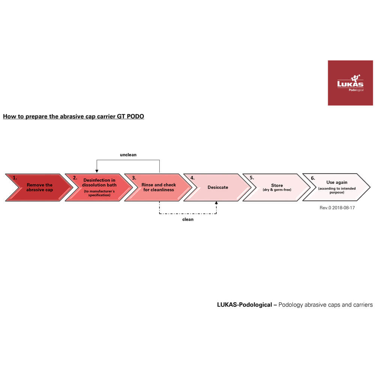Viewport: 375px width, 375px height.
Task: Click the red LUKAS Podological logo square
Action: (x=350, y=83)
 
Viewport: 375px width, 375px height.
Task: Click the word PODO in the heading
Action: (x=135, y=117)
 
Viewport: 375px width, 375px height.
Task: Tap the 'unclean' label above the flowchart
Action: (x=128, y=155)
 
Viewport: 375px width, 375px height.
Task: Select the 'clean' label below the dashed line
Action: (x=188, y=219)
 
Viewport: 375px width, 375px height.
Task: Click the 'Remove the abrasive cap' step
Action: (x=39, y=187)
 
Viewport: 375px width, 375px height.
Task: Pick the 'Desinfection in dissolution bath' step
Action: (x=99, y=187)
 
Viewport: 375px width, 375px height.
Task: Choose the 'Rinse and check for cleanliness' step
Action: (x=158, y=187)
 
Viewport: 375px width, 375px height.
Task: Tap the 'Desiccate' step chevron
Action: (x=217, y=187)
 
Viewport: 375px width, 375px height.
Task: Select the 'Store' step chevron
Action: (x=277, y=187)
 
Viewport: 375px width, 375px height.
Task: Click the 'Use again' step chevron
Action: (x=336, y=187)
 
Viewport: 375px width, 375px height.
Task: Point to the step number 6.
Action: (x=313, y=178)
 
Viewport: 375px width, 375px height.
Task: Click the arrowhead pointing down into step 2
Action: (x=97, y=171)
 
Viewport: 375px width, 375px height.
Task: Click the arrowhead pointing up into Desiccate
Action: (x=216, y=203)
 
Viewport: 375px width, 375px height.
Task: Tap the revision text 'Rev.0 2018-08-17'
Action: (x=337, y=208)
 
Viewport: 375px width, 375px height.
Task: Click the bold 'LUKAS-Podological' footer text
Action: (x=244, y=304)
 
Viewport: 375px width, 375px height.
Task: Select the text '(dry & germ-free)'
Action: (x=277, y=190)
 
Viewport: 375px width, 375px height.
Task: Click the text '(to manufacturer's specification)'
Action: (x=99, y=193)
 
